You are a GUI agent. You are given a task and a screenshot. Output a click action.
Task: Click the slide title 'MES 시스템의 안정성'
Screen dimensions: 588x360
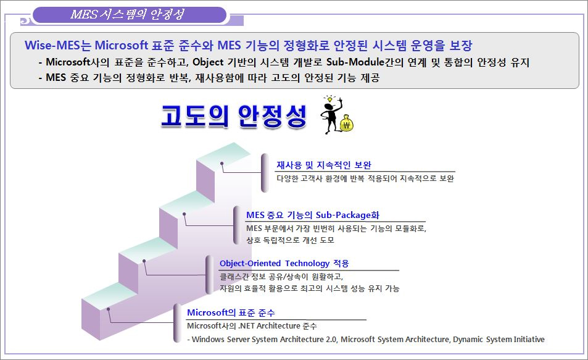tap(127, 14)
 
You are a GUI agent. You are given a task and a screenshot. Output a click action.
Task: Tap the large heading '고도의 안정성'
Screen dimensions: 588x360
tap(234, 115)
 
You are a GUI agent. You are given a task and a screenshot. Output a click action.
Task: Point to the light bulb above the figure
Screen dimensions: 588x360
tap(330, 99)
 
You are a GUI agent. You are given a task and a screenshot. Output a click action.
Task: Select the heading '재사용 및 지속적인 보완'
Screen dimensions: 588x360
tap(324, 165)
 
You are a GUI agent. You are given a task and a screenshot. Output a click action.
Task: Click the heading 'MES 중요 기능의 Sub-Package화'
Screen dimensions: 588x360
tap(313, 215)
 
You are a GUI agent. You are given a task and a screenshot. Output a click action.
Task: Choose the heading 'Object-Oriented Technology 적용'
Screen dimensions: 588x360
tap(284, 264)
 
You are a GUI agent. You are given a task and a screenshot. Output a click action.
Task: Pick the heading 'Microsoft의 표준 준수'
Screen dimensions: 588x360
tap(231, 312)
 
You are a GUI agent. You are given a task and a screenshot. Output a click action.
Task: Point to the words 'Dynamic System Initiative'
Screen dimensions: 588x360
tap(499, 340)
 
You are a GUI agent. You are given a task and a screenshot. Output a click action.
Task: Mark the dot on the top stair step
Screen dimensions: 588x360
tap(222, 164)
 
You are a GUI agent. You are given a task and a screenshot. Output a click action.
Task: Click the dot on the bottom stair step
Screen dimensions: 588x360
tap(109, 309)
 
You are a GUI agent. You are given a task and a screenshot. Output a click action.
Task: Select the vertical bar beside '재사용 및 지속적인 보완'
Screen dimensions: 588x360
tap(265, 173)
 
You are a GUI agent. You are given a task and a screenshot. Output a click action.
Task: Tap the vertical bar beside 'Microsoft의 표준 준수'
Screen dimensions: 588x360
tap(177, 323)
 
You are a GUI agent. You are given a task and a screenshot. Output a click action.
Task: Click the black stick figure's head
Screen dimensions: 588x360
tap(329, 107)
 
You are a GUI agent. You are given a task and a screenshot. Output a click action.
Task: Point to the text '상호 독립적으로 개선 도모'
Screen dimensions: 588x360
tap(290, 240)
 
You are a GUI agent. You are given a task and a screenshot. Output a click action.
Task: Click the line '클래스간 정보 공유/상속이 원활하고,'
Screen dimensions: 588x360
tap(281, 277)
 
